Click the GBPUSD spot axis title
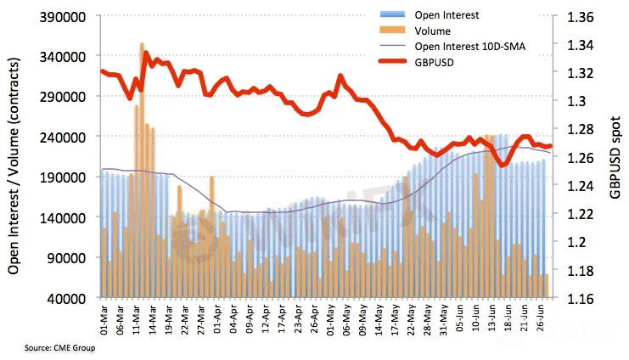[615, 158]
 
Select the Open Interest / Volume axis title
[15, 158]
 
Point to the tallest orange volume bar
[143, 170]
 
